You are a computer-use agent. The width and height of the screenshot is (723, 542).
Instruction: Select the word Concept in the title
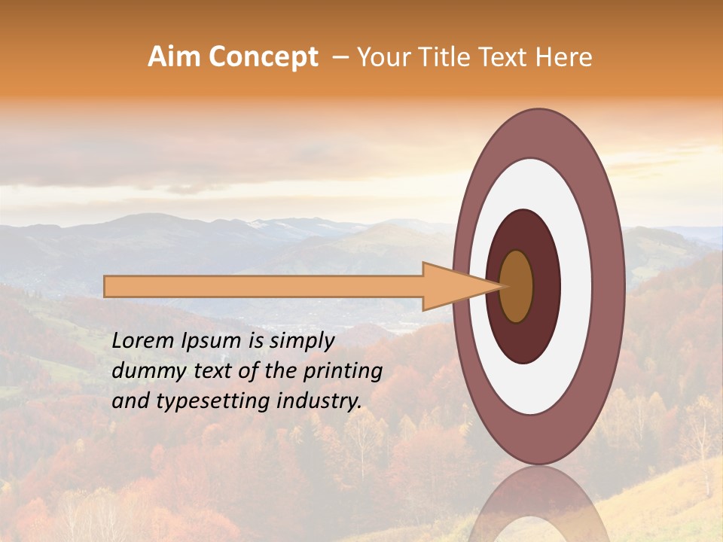263,57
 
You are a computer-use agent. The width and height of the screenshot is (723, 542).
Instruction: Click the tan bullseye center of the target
517,286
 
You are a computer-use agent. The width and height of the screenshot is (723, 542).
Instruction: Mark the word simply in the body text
300,341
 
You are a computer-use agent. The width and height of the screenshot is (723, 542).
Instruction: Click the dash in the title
340,57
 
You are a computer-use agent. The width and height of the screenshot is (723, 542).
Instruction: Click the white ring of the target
575,286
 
